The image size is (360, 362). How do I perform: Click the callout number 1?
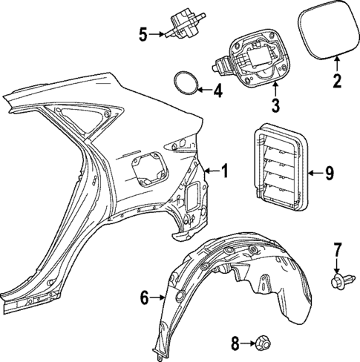pyautogui.click(x=226, y=172)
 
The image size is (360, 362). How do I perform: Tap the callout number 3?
pyautogui.click(x=275, y=105)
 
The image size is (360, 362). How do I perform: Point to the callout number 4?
pyautogui.click(x=217, y=92)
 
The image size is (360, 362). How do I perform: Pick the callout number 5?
pyautogui.click(x=143, y=33)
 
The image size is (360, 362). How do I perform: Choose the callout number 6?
pyautogui.click(x=145, y=298)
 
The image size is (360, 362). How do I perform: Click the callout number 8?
pyautogui.click(x=235, y=343)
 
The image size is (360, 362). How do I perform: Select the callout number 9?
pyautogui.click(x=330, y=174)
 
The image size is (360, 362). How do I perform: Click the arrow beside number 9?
pyautogui.click(x=315, y=174)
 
